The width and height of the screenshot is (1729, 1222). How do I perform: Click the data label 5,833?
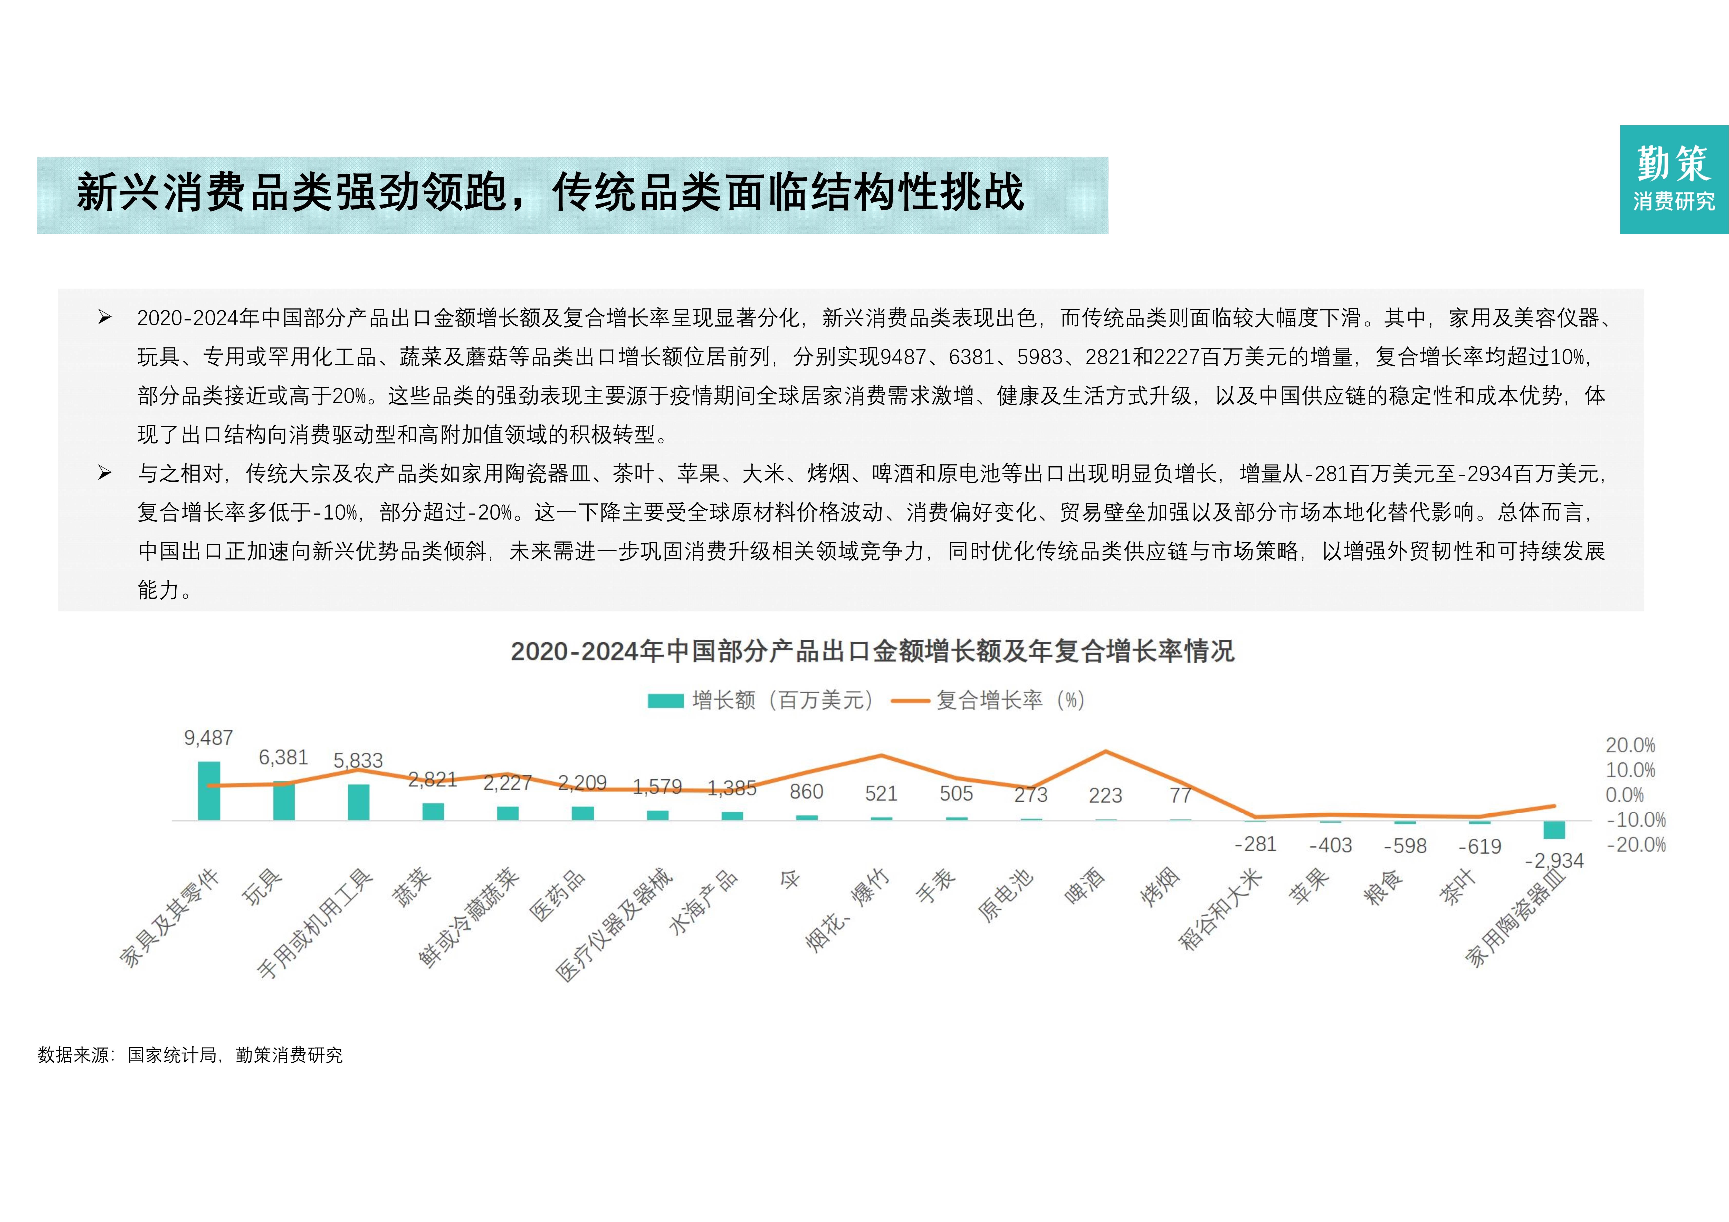358,760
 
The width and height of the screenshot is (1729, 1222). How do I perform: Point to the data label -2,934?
1554,861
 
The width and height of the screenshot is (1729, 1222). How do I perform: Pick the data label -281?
1255,844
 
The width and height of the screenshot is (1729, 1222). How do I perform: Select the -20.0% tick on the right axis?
1636,845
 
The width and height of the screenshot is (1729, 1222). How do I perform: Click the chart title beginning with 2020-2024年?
872,651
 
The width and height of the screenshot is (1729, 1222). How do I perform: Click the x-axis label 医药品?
557,896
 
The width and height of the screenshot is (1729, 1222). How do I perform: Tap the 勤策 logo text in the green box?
1673,164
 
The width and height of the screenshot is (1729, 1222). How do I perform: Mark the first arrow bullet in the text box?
105,318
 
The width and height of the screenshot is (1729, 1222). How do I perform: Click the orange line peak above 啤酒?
1105,751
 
